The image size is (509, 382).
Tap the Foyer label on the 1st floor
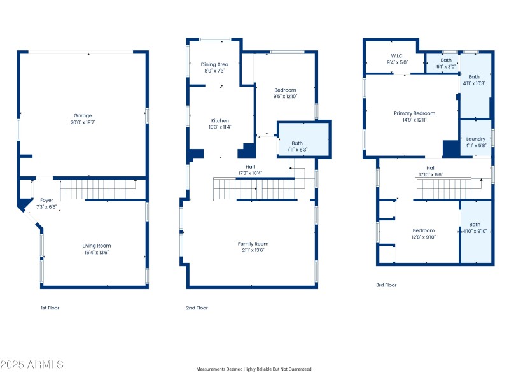[x=46, y=200]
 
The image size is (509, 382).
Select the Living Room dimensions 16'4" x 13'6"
[x=96, y=252]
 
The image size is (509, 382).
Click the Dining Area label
[x=214, y=64]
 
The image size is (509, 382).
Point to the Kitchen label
[x=220, y=120]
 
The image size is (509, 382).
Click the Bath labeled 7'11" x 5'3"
[x=297, y=143]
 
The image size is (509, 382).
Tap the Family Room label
[x=253, y=244]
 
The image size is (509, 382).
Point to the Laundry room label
[x=475, y=139]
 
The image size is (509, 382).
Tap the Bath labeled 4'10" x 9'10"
[x=475, y=224]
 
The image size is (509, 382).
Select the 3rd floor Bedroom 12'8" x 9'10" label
[x=423, y=230]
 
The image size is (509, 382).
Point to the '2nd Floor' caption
[x=197, y=308]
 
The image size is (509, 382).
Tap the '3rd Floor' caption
[x=386, y=285]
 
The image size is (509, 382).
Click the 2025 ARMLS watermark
[x=32, y=365]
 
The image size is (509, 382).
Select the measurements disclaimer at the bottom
[x=254, y=369]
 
